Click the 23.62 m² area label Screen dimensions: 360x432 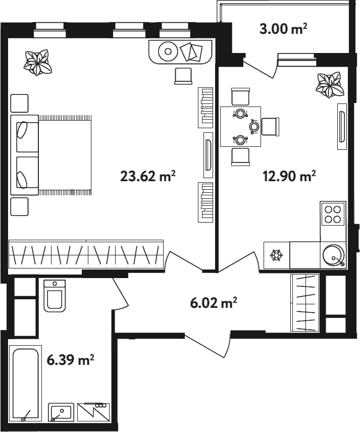coord(148,176)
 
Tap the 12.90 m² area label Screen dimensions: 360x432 coord(289,176)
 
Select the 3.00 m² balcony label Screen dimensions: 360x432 coord(283,29)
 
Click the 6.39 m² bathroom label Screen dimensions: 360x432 coord(71,360)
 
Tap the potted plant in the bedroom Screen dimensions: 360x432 coord(37,63)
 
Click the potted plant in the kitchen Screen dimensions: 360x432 coord(330,85)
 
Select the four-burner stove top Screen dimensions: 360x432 coord(333,214)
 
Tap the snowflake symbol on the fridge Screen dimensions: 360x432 coord(276,255)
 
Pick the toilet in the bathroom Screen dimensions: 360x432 coord(55,296)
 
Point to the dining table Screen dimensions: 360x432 coord(241,127)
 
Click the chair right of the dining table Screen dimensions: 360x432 coord(270,127)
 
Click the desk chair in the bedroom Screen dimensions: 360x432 coord(183,76)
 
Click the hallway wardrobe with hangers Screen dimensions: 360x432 coord(305,303)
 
